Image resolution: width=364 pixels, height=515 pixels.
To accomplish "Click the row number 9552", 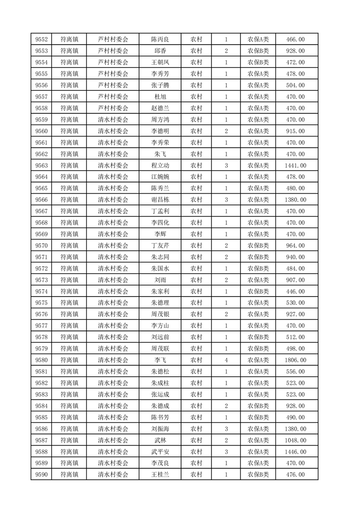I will click(x=42, y=39).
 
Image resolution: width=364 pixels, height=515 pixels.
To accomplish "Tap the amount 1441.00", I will click(x=295, y=166).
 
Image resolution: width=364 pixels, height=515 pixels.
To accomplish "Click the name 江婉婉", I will click(x=160, y=177).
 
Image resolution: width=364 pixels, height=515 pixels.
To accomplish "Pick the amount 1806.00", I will click(x=295, y=360).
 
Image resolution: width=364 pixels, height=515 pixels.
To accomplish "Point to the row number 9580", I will click(x=42, y=360).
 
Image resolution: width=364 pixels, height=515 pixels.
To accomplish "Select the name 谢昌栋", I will click(x=160, y=200).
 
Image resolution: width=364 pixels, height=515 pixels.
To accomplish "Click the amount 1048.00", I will click(x=295, y=441).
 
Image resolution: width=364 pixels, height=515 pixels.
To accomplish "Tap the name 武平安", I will click(x=160, y=452).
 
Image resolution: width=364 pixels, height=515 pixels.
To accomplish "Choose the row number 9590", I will click(x=42, y=475).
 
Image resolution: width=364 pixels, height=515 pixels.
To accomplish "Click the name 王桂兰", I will click(x=160, y=475).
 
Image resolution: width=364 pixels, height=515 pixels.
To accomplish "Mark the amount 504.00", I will click(x=295, y=85).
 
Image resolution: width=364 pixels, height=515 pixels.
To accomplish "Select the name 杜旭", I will click(x=160, y=97).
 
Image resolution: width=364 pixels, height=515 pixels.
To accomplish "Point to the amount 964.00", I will click(x=295, y=246).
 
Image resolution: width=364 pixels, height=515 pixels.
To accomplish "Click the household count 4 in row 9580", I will click(x=226, y=360).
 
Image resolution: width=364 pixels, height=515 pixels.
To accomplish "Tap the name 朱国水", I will click(x=160, y=269).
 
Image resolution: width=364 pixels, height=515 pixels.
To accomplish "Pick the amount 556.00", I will click(x=295, y=372).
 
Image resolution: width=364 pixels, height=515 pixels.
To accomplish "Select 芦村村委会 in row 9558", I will click(x=113, y=108).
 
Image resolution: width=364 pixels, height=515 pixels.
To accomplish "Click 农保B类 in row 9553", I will click(x=258, y=51).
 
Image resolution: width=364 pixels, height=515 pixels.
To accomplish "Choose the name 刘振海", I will click(x=160, y=429).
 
